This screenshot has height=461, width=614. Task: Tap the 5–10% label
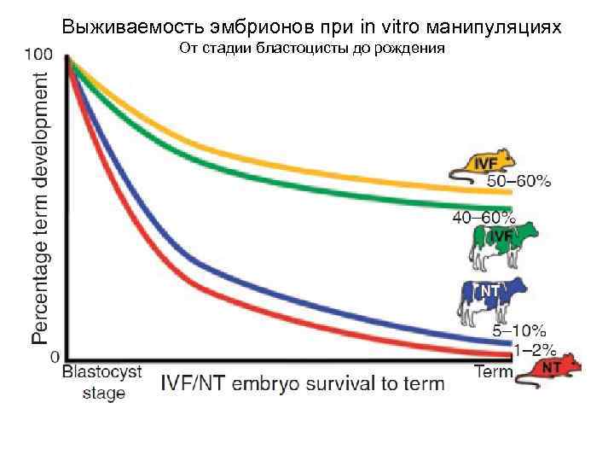pos(520,330)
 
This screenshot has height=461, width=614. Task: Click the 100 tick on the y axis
pos(38,54)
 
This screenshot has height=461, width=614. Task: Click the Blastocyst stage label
pos(102,382)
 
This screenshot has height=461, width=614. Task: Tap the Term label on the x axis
pos(493,372)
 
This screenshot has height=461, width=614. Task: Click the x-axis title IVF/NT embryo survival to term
pos(303,383)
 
